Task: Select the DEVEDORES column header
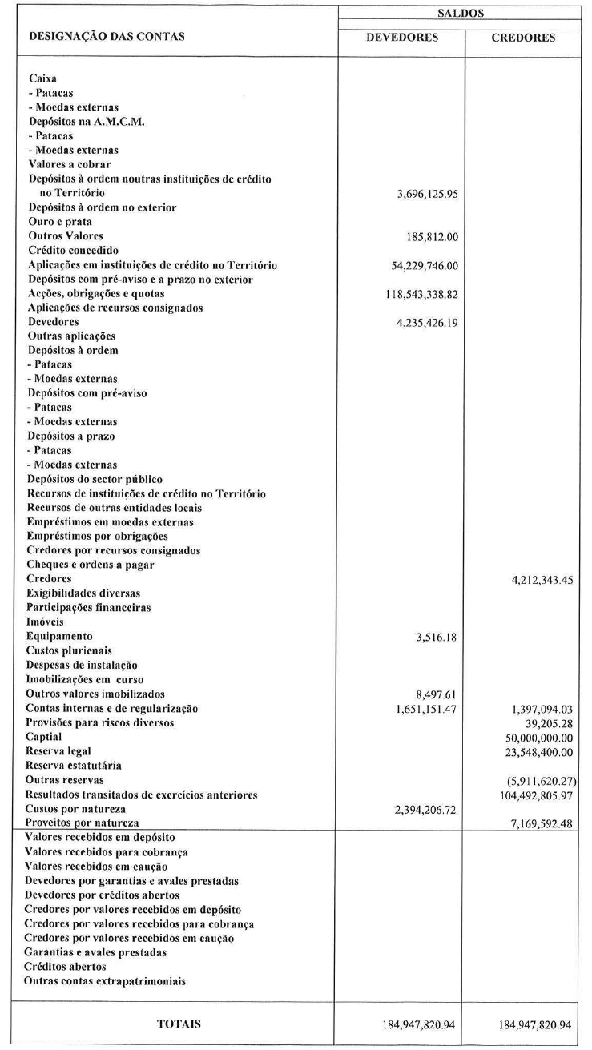(401, 38)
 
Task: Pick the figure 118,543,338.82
(412, 294)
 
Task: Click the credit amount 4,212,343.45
(536, 579)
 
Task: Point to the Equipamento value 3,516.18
(433, 636)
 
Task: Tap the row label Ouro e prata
(59, 222)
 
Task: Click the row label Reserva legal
(58, 751)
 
